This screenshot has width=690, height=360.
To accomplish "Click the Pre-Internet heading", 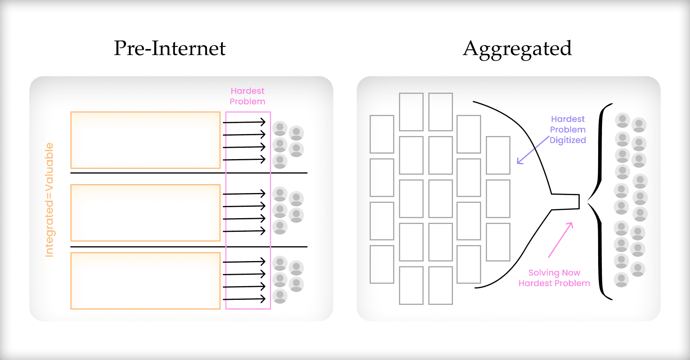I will click(169, 48).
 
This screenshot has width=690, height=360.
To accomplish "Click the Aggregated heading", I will click(517, 49).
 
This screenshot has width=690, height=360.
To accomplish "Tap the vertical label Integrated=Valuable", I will click(49, 199).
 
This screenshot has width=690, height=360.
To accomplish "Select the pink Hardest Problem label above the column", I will click(247, 96).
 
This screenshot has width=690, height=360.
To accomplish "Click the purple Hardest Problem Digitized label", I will click(568, 129).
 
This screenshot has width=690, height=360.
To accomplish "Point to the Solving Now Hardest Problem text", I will click(554, 278).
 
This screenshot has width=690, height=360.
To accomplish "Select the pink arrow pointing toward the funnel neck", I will click(561, 240).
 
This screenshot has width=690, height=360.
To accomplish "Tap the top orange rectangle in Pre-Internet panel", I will click(145, 140).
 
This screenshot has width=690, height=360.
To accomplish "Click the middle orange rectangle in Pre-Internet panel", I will click(145, 213).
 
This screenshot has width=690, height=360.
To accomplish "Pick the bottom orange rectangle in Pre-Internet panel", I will click(145, 281).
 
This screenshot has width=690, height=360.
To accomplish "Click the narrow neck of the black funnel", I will click(566, 202).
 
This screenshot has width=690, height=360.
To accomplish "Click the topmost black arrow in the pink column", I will click(244, 122).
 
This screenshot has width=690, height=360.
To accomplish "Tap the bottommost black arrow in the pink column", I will click(244, 299).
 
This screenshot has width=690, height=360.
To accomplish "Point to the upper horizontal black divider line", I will click(189, 173).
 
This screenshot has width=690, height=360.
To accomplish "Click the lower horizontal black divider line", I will click(189, 247).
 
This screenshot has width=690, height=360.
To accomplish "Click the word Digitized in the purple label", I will click(568, 140).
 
